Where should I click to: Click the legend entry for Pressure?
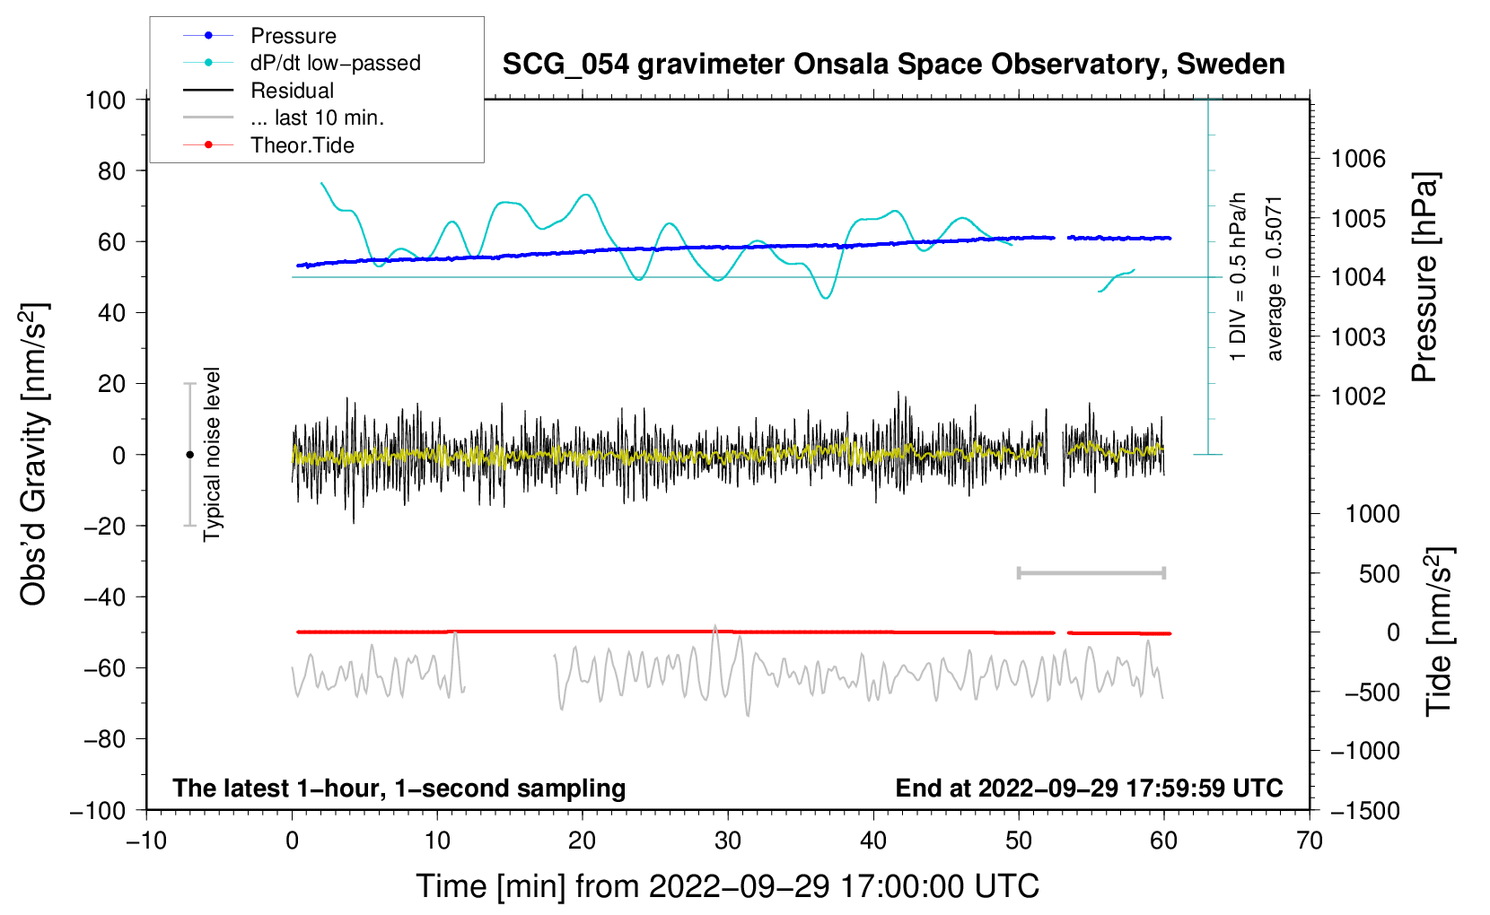pos(259,35)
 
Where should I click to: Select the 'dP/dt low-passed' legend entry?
pos(302,63)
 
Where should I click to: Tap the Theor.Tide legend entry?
pos(268,145)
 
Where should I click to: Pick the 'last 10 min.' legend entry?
pos(284,118)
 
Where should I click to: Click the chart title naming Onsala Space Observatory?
pos(893,65)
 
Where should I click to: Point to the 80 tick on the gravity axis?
pos(111,171)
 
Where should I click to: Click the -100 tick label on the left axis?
pos(98,811)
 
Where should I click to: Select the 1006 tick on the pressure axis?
pos(1358,159)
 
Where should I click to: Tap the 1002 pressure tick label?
pos(1358,396)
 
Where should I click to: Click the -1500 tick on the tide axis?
pos(1365,811)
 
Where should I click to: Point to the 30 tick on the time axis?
pos(728,841)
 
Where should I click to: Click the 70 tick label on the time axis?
pos(1309,841)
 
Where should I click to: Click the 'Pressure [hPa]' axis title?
pos(1424,277)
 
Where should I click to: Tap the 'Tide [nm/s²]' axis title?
pos(1439,632)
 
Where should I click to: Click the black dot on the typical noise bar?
pos(189,455)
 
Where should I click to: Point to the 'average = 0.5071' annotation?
pos(1274,279)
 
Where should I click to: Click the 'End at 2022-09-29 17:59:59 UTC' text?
pos(1089,788)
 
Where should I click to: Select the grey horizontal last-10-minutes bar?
pos(1091,573)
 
